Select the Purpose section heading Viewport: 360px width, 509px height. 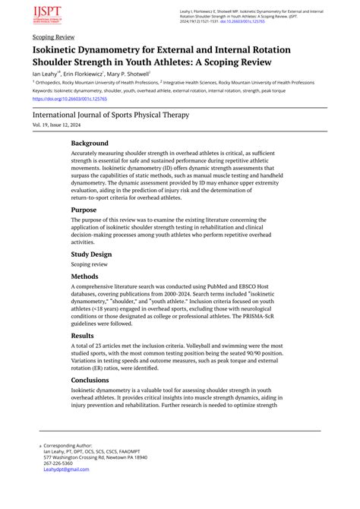84,209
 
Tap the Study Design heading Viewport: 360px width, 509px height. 91,254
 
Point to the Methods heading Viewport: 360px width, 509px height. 85,277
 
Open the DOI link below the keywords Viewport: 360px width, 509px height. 70,99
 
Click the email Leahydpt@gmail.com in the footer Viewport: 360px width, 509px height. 66,469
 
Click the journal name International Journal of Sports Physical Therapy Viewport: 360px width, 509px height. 111,115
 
